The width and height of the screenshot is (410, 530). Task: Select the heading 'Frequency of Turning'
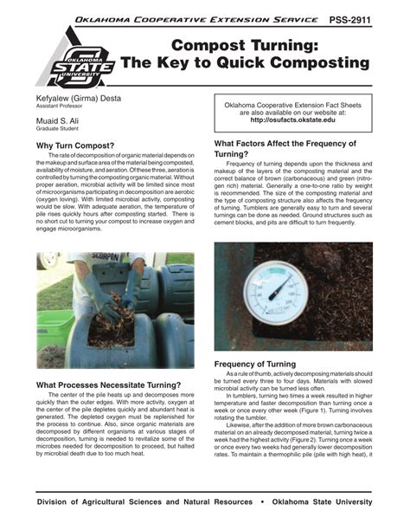[261, 365]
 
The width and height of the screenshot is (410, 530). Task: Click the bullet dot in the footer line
[261, 502]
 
